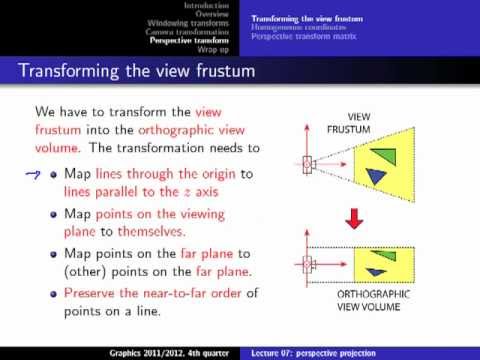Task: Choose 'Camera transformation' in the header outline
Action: point(188,32)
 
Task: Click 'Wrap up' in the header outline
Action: point(212,49)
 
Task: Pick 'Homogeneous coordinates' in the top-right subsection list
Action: point(296,27)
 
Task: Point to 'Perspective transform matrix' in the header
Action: point(302,36)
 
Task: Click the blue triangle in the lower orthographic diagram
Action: point(376,272)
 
